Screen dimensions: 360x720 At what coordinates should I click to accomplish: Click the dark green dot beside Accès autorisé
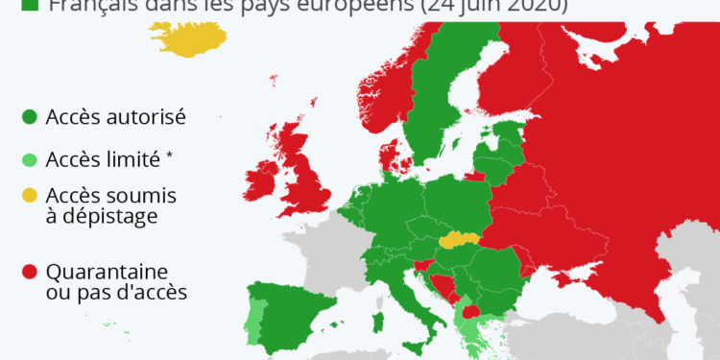pyautogui.click(x=30, y=117)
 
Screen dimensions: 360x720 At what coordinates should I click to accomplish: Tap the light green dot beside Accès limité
pyautogui.click(x=30, y=158)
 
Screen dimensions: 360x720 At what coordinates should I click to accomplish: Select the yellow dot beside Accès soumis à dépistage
pyautogui.click(x=30, y=195)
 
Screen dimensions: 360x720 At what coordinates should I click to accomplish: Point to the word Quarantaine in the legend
pyautogui.click(x=108, y=272)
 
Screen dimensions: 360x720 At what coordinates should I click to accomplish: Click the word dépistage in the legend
pyautogui.click(x=102, y=216)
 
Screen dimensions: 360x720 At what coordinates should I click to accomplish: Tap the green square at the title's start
pyautogui.click(x=30, y=5)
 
